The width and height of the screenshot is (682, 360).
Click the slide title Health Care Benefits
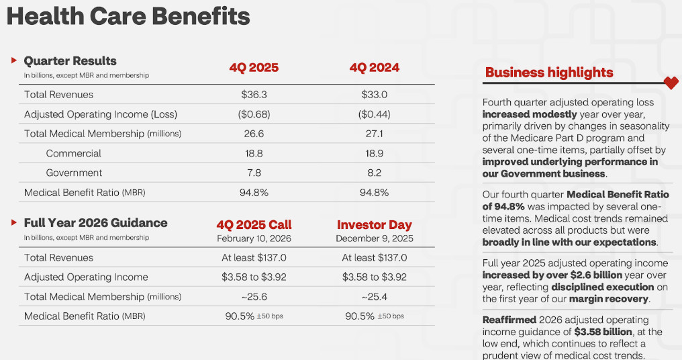[x=128, y=16]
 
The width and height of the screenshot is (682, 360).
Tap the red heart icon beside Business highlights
[x=671, y=83]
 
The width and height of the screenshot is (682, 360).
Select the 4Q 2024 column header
[x=374, y=68]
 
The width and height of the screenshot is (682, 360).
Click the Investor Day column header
[x=374, y=225]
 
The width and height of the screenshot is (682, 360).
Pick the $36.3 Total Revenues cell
[x=254, y=95]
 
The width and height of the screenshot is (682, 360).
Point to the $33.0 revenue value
[x=374, y=95]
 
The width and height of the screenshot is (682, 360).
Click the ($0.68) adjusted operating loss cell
[x=254, y=114]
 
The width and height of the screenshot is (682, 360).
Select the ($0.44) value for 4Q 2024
[x=374, y=114]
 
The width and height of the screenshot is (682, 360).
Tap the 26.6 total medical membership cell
[x=254, y=134]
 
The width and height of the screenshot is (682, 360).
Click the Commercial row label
[x=73, y=153]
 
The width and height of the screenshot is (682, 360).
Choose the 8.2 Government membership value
[x=374, y=173]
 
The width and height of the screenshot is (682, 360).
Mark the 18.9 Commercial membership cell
[x=374, y=153]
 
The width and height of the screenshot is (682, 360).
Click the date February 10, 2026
[x=254, y=238]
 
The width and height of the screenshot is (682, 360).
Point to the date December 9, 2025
[x=374, y=238]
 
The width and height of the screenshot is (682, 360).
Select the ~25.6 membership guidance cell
[x=254, y=296]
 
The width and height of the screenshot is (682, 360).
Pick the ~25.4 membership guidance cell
[x=374, y=296]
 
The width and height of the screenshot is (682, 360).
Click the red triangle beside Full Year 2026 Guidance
[x=14, y=222]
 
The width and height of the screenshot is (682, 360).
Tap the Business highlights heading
[x=549, y=73]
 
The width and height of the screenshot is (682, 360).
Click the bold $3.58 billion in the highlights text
[x=603, y=332]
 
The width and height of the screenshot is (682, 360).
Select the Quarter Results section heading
[x=70, y=61]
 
